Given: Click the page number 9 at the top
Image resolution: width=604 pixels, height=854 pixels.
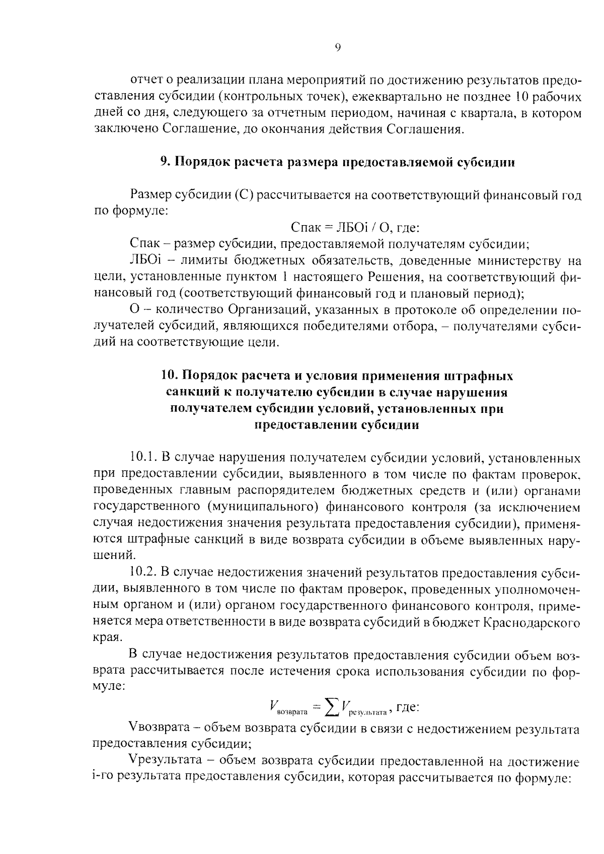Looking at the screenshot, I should click(x=338, y=47).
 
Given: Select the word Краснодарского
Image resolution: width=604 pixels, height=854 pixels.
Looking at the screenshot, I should click(x=532, y=622).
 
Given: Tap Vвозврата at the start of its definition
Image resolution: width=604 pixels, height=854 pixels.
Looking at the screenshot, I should click(x=159, y=729).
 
